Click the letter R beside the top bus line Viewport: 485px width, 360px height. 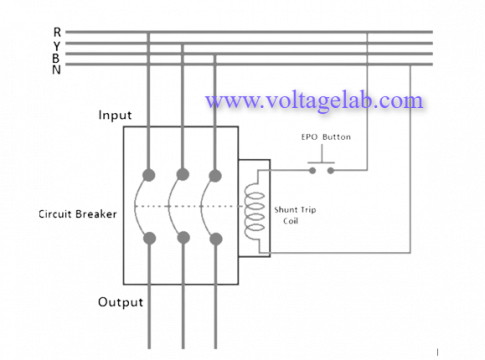pyautogui.click(x=57, y=31)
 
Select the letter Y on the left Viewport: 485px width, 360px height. pyautogui.click(x=57, y=44)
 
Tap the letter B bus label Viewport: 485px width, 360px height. pyautogui.click(x=57, y=56)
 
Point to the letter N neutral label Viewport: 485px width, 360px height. pyautogui.click(x=57, y=68)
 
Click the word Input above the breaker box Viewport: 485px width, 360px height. pyautogui.click(x=115, y=115)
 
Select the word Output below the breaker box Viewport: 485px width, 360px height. pyautogui.click(x=121, y=301)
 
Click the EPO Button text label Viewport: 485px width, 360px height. pyautogui.click(x=319, y=137)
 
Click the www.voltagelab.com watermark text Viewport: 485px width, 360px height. pyautogui.click(x=313, y=100)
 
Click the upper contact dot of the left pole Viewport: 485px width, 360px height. pyautogui.click(x=148, y=175)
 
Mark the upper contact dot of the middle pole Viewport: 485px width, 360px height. pyautogui.click(x=182, y=175)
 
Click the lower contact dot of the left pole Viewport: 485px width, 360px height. pyautogui.click(x=148, y=238)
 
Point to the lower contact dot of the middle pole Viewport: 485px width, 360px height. pyautogui.click(x=182, y=238)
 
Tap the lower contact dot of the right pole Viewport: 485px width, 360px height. pyautogui.click(x=215, y=238)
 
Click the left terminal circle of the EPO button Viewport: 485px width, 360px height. pyautogui.click(x=310, y=171)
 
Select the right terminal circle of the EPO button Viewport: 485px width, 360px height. pyautogui.click(x=332, y=171)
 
